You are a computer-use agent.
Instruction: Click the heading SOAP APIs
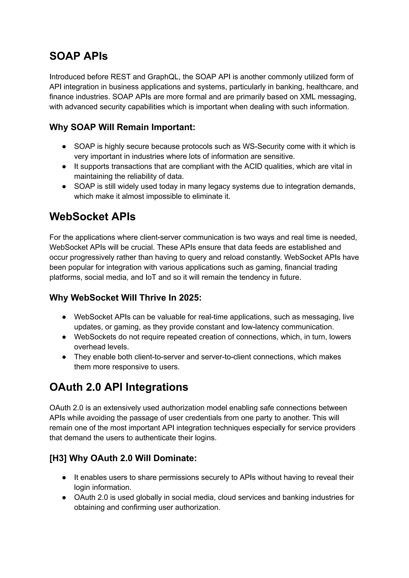[78, 56]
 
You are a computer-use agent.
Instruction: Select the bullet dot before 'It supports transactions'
[64, 167]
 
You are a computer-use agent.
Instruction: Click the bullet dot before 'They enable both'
[64, 357]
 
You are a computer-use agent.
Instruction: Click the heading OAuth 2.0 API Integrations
[119, 387]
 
